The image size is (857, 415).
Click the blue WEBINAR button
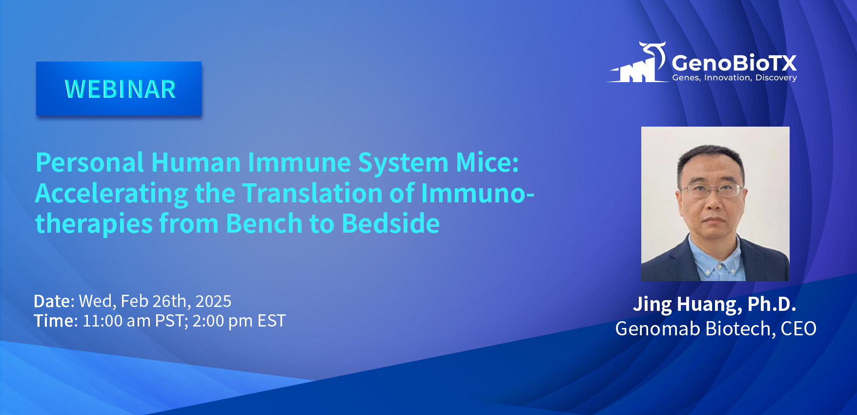pyautogui.click(x=119, y=88)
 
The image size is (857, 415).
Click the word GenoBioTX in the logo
pyautogui.click(x=734, y=63)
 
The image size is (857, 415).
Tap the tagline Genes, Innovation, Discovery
pyautogui.click(x=735, y=78)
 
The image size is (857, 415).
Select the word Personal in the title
pyautogui.click(x=90, y=162)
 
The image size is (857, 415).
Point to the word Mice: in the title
pyautogui.click(x=487, y=162)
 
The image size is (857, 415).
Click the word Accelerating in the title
pyautogui.click(x=112, y=194)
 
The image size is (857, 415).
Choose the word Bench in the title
pyautogui.click(x=264, y=223)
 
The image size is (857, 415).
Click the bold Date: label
pyautogui.click(x=54, y=301)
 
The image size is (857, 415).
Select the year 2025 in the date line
pyautogui.click(x=213, y=301)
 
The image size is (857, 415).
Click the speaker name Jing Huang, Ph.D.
pyautogui.click(x=714, y=305)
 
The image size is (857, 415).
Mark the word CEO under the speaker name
pyautogui.click(x=798, y=328)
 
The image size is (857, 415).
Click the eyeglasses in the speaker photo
pyautogui.click(x=713, y=190)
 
